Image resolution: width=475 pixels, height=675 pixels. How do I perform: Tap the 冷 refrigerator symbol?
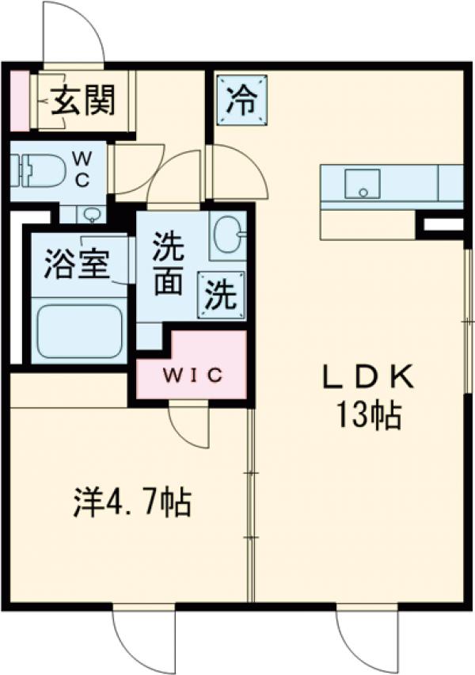coord(242,101)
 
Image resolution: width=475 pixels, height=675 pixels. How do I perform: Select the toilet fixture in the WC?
coord(33,169)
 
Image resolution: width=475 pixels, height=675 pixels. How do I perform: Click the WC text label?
coord(82,169)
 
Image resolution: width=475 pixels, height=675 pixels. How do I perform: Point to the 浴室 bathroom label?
coord(76,264)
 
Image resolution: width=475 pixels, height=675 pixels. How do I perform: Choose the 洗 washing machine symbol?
coord(221,295)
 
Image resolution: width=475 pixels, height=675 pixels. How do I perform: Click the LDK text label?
coord(370,378)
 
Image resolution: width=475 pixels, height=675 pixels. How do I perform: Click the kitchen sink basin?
coord(363,185)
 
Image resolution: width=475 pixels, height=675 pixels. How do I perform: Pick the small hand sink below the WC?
coord(92,214)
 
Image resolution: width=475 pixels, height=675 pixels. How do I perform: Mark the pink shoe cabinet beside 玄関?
coord(19,101)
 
